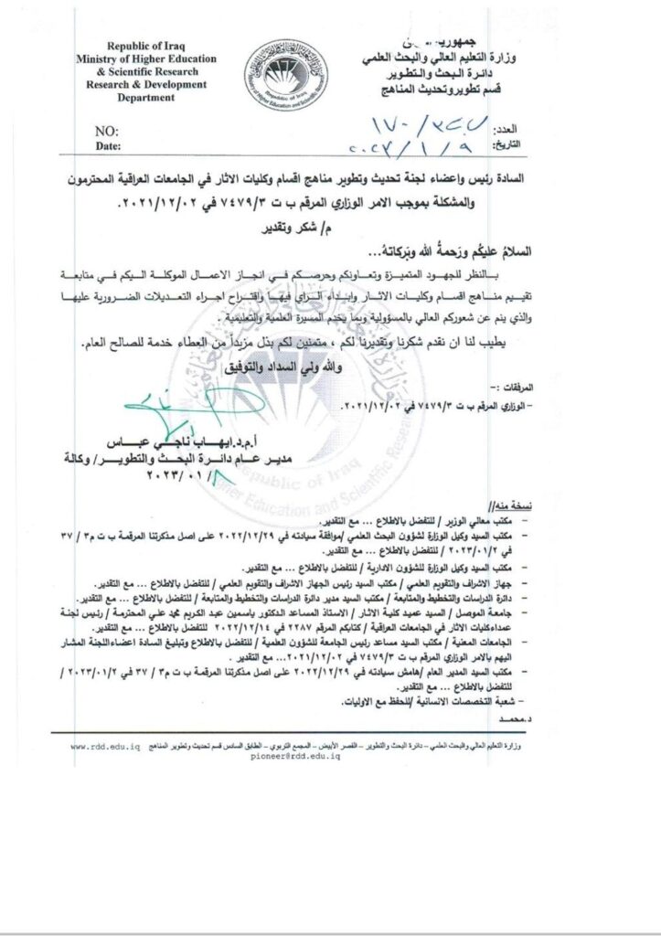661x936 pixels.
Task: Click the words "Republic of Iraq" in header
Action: coord(146,46)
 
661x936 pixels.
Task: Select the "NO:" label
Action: coord(107,132)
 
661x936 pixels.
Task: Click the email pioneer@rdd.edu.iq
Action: coord(302,758)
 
